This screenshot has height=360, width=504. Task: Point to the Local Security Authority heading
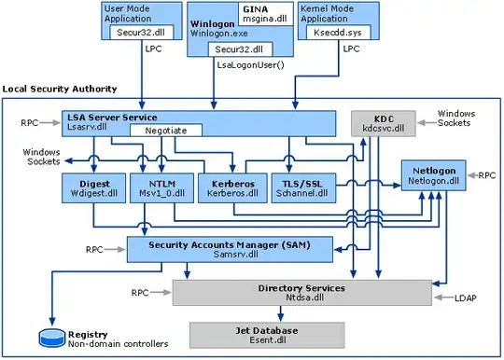pos(59,89)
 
